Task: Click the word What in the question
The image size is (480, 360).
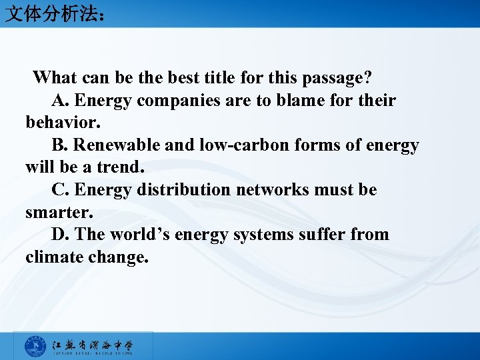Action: pyautogui.click(x=54, y=78)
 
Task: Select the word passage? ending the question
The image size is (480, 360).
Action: pyautogui.click(x=337, y=78)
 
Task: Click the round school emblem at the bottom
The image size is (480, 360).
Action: pyautogui.click(x=35, y=347)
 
